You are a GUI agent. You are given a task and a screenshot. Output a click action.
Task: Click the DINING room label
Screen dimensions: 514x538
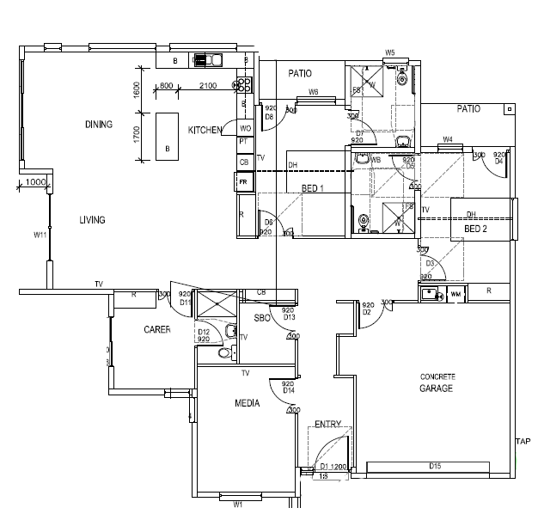click(98, 125)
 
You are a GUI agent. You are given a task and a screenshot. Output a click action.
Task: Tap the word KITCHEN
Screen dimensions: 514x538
click(205, 130)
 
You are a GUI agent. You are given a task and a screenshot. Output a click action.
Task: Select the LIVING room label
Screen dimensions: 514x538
click(92, 220)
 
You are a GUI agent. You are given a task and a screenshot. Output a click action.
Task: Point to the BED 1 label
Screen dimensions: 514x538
click(312, 188)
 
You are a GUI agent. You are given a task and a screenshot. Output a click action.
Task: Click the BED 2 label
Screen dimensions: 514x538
click(476, 229)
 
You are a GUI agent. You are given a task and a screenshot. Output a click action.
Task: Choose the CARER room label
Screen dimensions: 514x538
click(156, 329)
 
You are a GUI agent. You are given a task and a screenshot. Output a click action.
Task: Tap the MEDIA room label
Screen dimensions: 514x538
click(248, 402)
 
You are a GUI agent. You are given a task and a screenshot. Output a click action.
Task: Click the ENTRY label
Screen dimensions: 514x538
click(327, 424)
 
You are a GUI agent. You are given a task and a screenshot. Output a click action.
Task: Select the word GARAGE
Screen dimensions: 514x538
click(437, 389)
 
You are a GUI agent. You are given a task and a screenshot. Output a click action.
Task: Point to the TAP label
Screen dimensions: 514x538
click(523, 442)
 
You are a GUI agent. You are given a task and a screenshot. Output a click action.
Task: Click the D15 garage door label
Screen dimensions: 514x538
click(435, 467)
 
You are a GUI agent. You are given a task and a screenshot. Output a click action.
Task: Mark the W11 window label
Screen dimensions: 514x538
click(40, 234)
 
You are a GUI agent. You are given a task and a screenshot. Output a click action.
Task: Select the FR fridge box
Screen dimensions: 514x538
click(243, 182)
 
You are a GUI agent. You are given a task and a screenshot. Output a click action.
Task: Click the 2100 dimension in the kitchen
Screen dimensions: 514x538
click(207, 86)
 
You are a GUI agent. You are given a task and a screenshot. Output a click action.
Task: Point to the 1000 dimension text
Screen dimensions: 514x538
click(35, 182)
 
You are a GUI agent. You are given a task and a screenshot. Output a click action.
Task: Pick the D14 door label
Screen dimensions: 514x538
click(289, 391)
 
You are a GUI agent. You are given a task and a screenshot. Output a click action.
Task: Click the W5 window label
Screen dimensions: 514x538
click(389, 52)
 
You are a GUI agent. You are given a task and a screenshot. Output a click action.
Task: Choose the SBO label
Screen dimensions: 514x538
click(262, 318)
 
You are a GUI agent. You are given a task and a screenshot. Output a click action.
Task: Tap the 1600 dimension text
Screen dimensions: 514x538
click(137, 89)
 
